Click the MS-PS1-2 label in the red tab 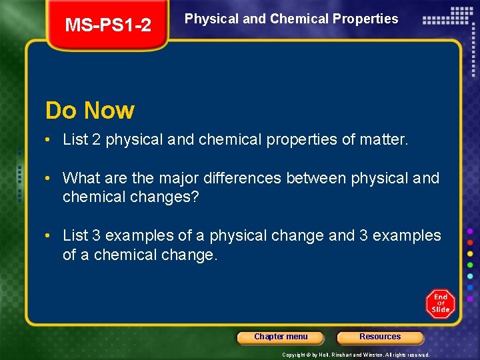(108, 25)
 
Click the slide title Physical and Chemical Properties (291, 19)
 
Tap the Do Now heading (89, 110)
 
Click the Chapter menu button (281, 337)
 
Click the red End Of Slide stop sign (440, 304)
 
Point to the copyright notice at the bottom (356, 355)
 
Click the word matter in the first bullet (382, 140)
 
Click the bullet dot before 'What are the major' (49, 179)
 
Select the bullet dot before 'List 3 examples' (49, 236)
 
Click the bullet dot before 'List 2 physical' (49, 140)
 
